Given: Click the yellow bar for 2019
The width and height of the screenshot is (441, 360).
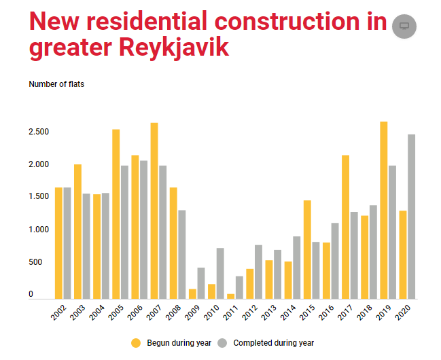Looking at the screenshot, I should (x=384, y=210).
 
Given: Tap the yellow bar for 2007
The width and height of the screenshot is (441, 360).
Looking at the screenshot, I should (x=154, y=211).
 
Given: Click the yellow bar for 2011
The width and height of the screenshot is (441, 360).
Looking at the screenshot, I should (x=230, y=296).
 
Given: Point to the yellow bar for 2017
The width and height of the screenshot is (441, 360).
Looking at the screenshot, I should (x=346, y=227).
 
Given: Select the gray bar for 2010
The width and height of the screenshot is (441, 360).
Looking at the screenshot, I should (x=220, y=273).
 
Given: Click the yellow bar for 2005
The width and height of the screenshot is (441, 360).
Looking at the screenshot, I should (x=116, y=214).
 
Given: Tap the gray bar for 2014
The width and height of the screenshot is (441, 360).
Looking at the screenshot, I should (x=297, y=268).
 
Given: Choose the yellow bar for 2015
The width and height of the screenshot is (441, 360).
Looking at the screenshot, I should (x=307, y=249).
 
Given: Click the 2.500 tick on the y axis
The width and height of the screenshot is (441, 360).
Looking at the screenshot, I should (x=39, y=131).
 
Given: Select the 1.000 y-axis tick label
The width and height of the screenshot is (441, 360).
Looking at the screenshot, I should (x=39, y=230).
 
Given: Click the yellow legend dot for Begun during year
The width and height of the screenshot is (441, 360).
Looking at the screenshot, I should (x=136, y=342).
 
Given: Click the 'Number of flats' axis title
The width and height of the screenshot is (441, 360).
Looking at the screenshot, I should (x=56, y=84).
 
